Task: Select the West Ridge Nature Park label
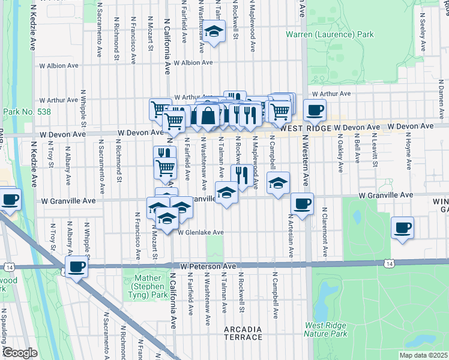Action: point(326,329)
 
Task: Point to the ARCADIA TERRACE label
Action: point(243,333)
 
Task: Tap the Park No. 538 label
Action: point(26,112)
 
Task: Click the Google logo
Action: point(19,353)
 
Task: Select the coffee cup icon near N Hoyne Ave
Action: point(402,228)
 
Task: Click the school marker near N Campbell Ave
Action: point(278,183)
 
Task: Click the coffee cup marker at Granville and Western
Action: point(302,204)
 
